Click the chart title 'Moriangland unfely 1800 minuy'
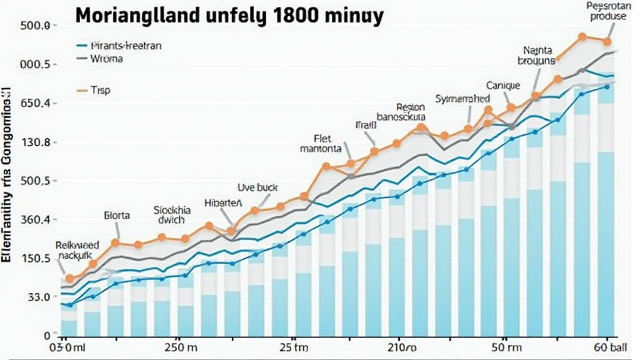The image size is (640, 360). pos(228,16)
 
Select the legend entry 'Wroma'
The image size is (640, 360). pos(107,59)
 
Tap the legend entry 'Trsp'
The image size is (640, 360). pos(100,91)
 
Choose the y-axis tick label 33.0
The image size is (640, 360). pos(36,297)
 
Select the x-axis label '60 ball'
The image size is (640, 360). pos(607,347)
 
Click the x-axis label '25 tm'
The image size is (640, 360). pos(293,347)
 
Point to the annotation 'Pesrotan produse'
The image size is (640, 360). pos(606,11)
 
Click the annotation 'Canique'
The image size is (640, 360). pos(502,85)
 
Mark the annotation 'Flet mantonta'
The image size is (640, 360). pos(320,144)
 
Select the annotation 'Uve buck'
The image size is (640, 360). pos(257,187)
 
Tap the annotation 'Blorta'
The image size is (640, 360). pos(117,216)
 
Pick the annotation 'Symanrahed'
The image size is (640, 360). pos(462,99)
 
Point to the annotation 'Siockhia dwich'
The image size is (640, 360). pos(172,216)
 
